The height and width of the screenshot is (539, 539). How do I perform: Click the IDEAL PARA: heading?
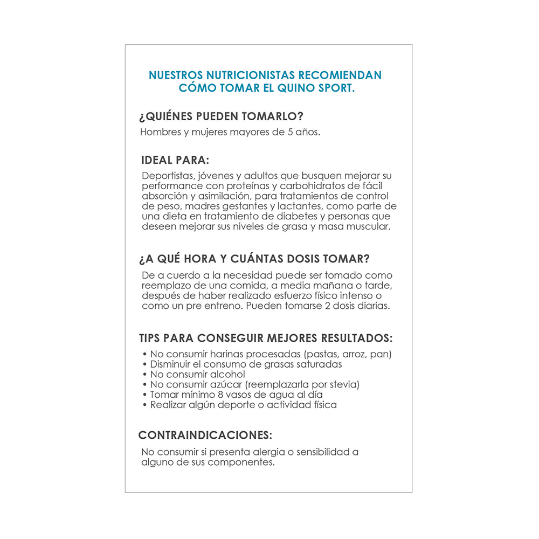[175, 160]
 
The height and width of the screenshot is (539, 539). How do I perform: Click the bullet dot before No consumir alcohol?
[146, 375]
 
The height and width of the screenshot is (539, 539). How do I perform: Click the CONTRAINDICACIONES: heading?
[205, 435]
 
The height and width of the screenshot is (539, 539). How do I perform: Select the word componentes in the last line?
[241, 462]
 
